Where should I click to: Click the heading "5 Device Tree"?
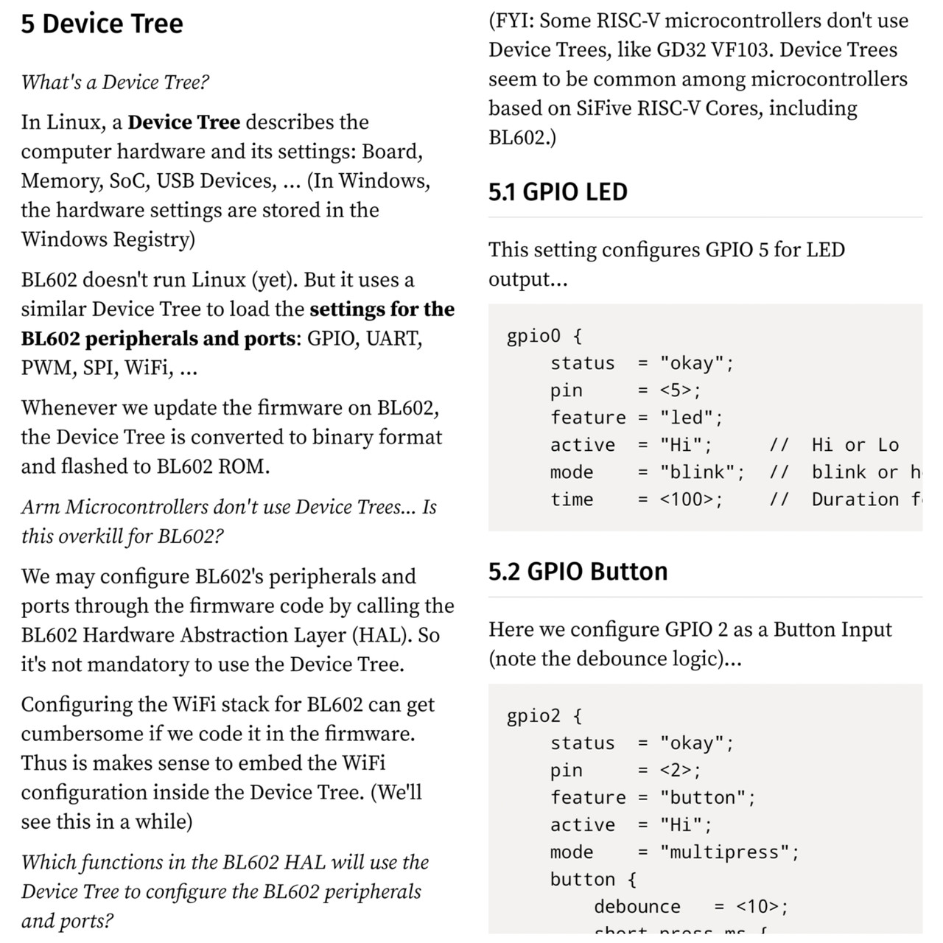(102, 24)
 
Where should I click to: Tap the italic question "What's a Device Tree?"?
(115, 82)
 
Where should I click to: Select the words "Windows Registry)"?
(108, 239)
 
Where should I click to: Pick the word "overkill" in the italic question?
(85, 536)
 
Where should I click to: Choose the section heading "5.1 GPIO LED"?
(558, 192)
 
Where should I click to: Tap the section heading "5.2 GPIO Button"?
(578, 572)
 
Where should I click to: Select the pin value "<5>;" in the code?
(680, 390)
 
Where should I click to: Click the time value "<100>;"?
(691, 499)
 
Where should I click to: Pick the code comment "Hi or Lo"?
(855, 445)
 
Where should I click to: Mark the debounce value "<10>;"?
(762, 907)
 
